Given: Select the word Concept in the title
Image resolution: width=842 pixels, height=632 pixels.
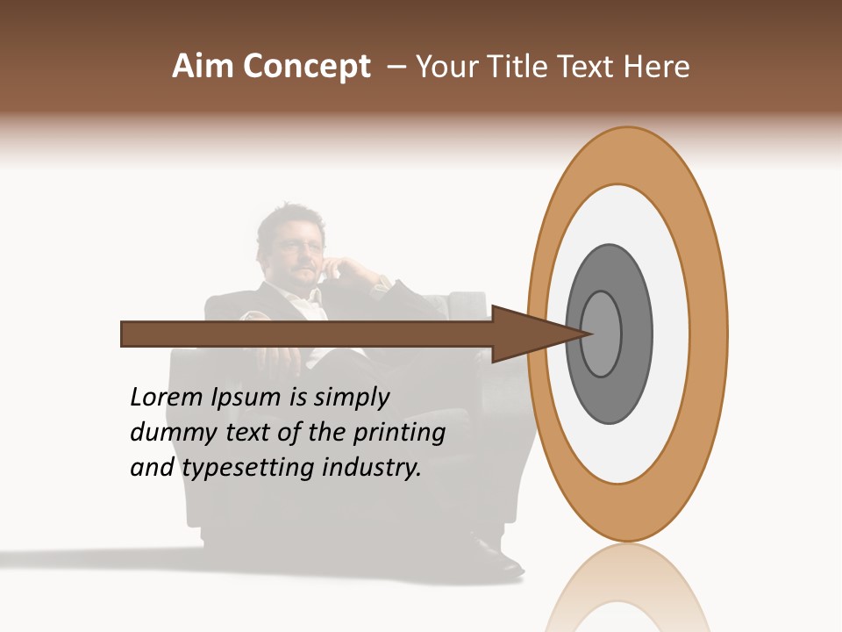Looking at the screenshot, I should click(x=307, y=68).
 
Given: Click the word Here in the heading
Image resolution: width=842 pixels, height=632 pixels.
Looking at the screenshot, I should click(x=657, y=67).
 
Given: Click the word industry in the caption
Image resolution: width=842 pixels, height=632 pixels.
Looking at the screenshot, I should click(x=372, y=467).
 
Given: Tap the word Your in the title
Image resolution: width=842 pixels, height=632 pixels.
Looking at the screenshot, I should click(x=446, y=67).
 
